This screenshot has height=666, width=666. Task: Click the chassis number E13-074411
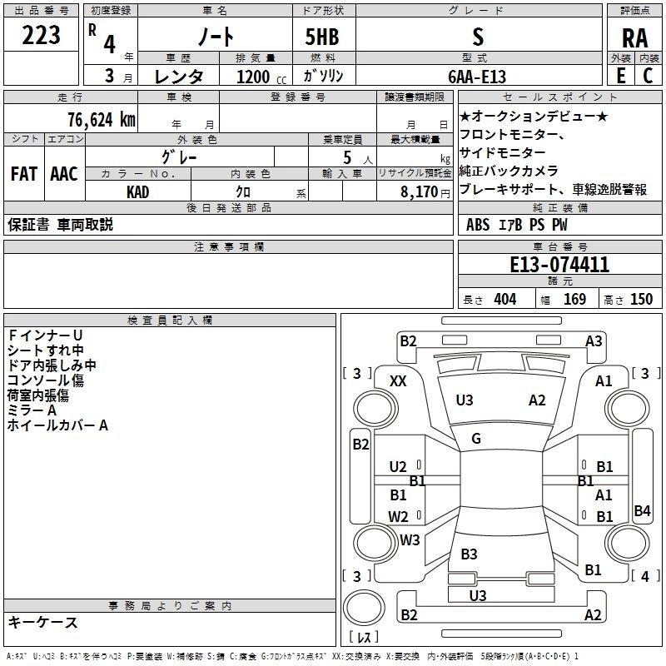[559, 265]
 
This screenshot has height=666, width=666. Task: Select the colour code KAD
[138, 192]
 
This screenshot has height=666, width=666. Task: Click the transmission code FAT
[23, 174]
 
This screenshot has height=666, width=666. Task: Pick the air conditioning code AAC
[63, 174]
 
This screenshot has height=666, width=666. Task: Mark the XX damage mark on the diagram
[398, 380]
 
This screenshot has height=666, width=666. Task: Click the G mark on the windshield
[475, 439]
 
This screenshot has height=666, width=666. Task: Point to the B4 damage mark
[641, 511]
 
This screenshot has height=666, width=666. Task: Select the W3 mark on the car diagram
[409, 540]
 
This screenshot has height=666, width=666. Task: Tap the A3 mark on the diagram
[594, 340]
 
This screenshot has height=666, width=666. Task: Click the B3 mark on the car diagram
[469, 554]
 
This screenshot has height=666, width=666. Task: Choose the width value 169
[574, 299]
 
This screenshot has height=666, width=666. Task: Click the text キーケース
[43, 623]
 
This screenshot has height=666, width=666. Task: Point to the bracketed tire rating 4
[644, 575]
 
